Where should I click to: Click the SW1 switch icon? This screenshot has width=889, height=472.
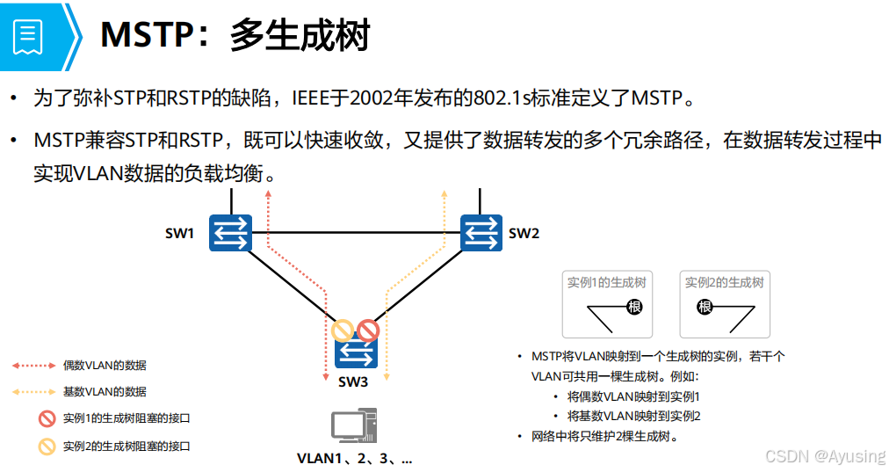click(231, 233)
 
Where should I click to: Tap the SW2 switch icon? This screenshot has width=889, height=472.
click(482, 233)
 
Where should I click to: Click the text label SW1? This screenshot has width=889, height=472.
click(179, 234)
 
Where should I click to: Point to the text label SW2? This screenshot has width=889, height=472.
click(524, 234)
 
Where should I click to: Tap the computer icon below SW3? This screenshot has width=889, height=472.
click(354, 425)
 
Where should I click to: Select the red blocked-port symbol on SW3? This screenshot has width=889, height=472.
click(367, 330)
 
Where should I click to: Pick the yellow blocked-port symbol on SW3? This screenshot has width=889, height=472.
click(343, 330)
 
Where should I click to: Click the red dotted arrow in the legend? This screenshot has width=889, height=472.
click(33, 365)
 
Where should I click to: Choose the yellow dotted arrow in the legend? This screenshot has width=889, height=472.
click(33, 392)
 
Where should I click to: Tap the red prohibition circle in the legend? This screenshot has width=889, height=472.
click(46, 418)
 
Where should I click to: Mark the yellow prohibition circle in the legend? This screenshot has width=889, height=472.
click(46, 446)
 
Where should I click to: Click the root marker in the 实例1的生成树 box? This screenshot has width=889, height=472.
click(634, 307)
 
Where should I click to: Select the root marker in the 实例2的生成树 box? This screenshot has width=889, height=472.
click(705, 307)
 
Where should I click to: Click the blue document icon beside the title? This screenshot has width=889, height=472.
click(27, 36)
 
